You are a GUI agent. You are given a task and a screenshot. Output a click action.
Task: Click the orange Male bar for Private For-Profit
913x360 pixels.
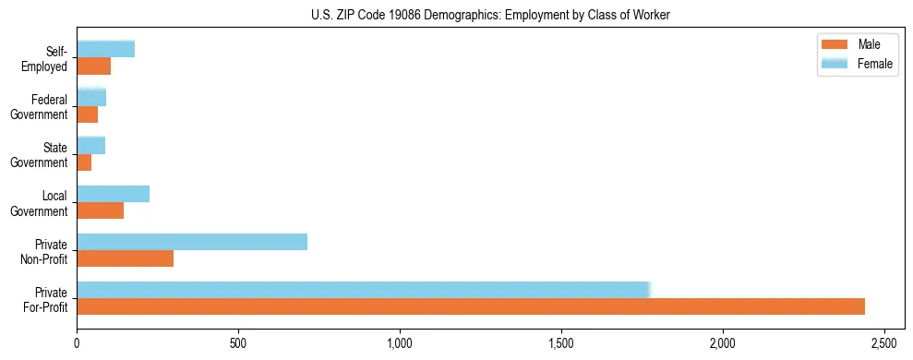(x=471, y=306)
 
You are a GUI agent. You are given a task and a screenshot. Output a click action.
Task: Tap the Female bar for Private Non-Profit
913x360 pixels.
(x=192, y=242)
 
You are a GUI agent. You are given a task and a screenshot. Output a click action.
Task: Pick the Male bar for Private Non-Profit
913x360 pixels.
(x=126, y=258)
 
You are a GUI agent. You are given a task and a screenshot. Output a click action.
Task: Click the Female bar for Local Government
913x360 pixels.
(x=113, y=194)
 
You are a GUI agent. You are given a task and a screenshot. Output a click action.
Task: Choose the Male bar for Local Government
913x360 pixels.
(x=101, y=210)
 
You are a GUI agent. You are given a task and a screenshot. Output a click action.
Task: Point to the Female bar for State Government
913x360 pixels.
(x=90, y=146)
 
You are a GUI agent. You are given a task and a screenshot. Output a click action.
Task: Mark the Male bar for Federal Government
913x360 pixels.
(x=88, y=114)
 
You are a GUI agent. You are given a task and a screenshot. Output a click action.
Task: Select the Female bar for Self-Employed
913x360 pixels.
(x=105, y=49)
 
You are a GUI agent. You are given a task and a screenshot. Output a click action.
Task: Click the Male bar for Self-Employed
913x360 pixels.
(x=94, y=66)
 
